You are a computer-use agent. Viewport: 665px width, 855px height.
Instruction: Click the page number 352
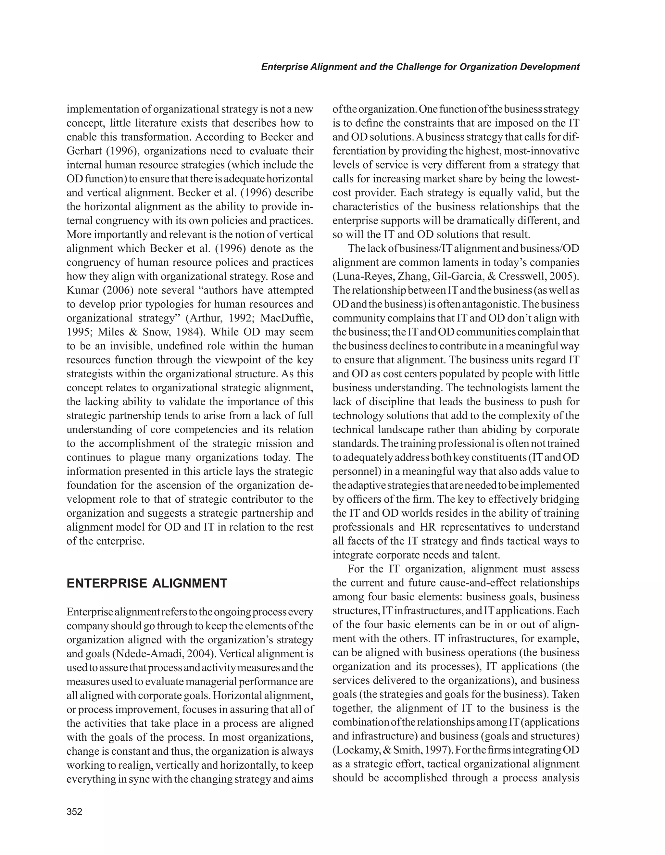click(74, 811)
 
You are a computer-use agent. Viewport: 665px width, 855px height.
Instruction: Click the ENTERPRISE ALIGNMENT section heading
click(147, 583)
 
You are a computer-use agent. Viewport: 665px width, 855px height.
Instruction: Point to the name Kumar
click(82, 290)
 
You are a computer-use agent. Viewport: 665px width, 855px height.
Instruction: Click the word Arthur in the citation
click(204, 318)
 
